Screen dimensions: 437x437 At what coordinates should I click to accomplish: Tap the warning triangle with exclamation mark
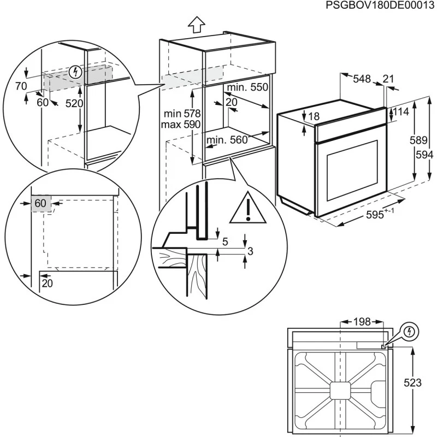click(247, 209)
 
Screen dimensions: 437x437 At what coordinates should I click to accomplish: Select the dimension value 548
click(361, 79)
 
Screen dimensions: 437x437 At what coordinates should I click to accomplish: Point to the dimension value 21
click(388, 79)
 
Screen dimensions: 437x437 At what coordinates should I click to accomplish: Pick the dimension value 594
click(421, 155)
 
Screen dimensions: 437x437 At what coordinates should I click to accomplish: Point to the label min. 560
click(227, 140)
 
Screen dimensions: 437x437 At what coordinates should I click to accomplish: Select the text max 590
click(181, 125)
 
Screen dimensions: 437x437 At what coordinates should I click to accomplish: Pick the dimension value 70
click(21, 86)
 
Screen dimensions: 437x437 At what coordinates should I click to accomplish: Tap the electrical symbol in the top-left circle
click(76, 72)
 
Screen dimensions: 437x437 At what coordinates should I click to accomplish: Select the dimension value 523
click(413, 383)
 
